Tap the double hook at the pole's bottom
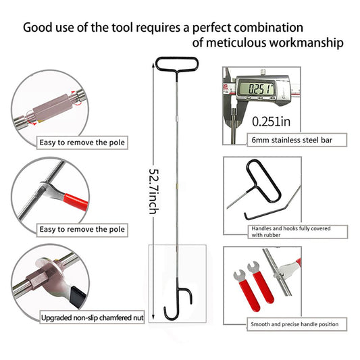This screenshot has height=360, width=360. coord(177,301)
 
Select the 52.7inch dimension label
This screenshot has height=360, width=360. coord(154,191)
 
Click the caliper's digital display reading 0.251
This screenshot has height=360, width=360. coord(256,88)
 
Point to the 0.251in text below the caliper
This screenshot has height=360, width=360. coord(271,121)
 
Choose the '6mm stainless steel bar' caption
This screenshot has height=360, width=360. coord(292,140)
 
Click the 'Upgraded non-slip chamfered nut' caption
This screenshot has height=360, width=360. coord(93,317)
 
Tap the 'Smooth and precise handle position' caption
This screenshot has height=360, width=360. coord(294,324)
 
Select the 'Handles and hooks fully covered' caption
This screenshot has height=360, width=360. coord(291,228)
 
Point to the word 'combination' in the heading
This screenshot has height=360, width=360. coord(268,28)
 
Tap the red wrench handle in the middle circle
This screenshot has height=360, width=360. coord(76,201)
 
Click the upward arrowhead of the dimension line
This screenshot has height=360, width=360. coord(153,66)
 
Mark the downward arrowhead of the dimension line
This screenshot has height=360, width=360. coord(153,317)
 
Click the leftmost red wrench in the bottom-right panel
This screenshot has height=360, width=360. coord(247,290)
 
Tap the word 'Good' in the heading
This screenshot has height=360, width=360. coord(37,28)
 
